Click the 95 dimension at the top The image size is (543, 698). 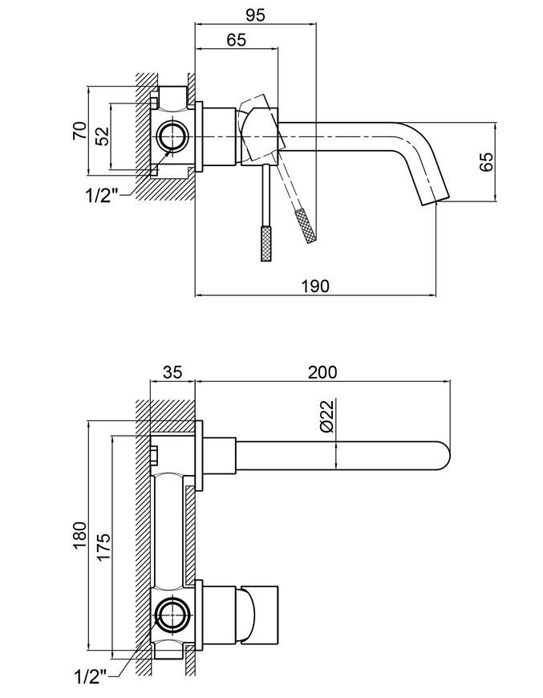tap(255, 14)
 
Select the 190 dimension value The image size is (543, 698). tap(315, 286)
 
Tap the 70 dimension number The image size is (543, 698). tap(79, 130)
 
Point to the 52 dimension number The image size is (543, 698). tap(103, 136)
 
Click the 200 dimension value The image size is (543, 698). tap(322, 371)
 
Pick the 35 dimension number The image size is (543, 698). tap(172, 371)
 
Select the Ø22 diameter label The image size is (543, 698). tap(326, 416)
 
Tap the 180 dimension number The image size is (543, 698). tap(79, 535)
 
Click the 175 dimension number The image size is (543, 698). tap(103, 546)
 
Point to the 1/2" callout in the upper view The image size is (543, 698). tap(103, 196)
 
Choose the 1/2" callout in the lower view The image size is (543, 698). tap(91, 676)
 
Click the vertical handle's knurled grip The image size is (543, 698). tap(266, 243)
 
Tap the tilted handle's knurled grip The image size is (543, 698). tap(306, 225)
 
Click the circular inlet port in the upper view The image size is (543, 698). tap(172, 136)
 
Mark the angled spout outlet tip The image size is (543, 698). tap(436, 200)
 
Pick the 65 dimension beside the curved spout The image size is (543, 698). tap(487, 161)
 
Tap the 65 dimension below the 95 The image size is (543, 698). tap(236, 39)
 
